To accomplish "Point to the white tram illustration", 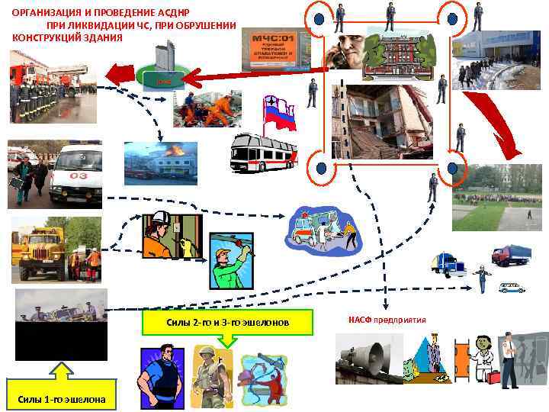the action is pyautogui.click(x=262, y=153).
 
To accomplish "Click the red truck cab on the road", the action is pyautogui.click(x=509, y=254).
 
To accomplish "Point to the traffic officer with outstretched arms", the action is pyautogui.click(x=481, y=278).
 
